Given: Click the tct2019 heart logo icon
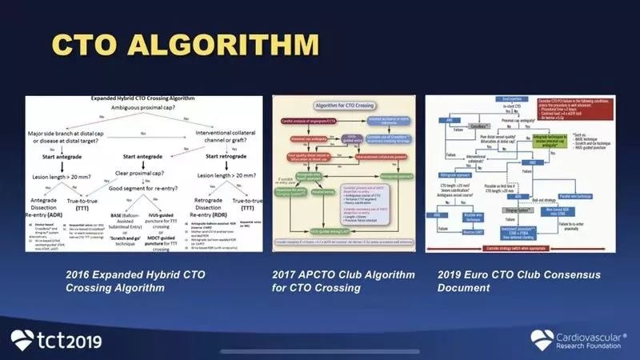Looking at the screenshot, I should click(22, 340).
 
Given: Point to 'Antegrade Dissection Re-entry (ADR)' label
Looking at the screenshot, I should click(53, 226).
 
